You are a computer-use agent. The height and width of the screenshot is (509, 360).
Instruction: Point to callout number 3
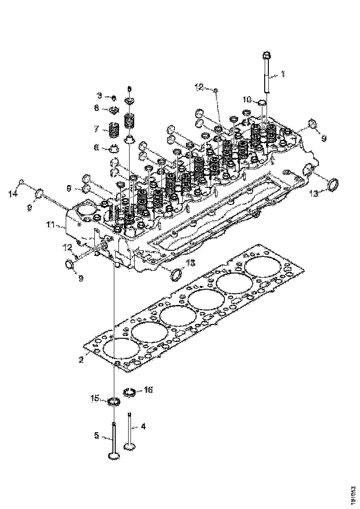(x=99, y=96)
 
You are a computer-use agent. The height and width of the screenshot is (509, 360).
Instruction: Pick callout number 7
(x=97, y=129)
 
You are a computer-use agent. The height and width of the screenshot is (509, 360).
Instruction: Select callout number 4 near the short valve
(x=143, y=426)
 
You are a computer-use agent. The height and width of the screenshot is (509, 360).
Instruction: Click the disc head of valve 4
(x=130, y=447)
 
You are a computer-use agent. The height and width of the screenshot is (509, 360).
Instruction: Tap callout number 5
(x=97, y=435)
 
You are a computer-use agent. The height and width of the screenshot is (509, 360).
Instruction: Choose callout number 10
(x=246, y=99)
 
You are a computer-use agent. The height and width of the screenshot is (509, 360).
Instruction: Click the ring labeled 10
(x=261, y=103)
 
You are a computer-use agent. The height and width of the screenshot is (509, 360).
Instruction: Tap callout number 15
(x=94, y=397)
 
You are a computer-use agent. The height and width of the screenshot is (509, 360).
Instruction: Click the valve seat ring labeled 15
(x=112, y=401)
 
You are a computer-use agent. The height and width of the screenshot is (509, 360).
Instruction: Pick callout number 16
(x=148, y=390)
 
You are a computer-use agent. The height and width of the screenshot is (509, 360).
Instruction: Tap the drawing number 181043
(x=354, y=493)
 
